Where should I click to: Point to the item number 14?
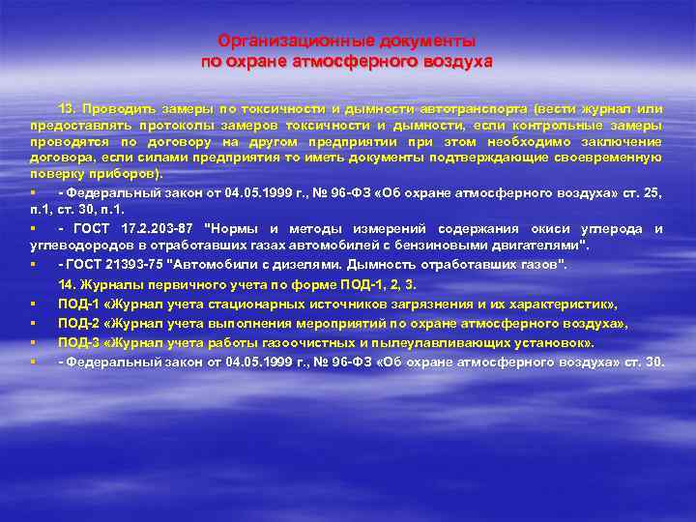point(67,284)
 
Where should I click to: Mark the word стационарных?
point(254,304)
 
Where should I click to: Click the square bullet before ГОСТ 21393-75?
point(33,264)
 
